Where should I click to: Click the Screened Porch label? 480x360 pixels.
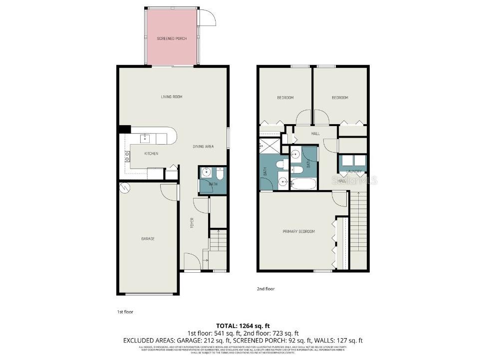coord(172,38)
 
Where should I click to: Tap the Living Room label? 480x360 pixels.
coord(171,97)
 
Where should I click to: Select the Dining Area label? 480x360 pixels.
coord(203,147)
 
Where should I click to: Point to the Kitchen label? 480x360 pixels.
coord(151,154)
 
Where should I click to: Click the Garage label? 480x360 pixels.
coord(148,239)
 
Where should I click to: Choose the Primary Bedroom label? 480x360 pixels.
coord(299,231)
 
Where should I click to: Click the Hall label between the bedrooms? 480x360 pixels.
coord(315,134)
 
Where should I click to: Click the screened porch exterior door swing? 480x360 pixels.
coord(206,18)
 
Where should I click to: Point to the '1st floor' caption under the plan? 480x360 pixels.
coord(125,312)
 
